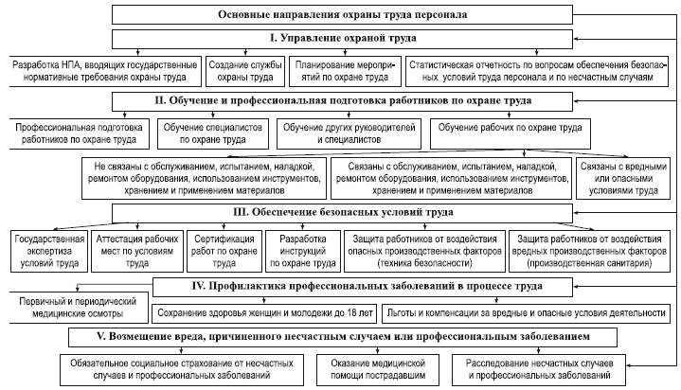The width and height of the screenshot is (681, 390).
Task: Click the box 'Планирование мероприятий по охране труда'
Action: click(338, 70)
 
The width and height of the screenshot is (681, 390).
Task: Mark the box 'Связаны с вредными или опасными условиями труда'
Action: click(620, 178)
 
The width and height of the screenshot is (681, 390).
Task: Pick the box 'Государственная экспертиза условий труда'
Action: click(47, 247)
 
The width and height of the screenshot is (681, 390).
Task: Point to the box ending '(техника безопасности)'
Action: click(422, 247)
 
